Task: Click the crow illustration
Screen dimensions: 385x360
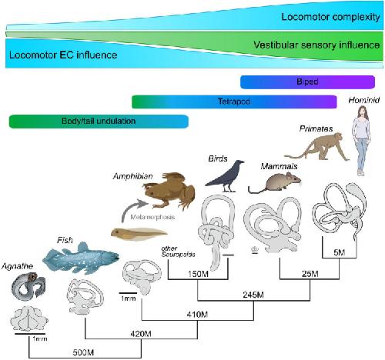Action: (226, 177)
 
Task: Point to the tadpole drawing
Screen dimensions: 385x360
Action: (139, 235)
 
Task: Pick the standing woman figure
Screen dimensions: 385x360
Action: (361, 141)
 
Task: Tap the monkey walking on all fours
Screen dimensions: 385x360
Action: (318, 147)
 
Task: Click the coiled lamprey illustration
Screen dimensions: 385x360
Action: (28, 286)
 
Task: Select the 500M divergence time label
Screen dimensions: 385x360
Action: (83, 352)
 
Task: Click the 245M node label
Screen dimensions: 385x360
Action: (253, 295)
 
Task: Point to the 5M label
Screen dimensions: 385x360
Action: (340, 252)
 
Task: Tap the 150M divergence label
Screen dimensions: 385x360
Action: (198, 274)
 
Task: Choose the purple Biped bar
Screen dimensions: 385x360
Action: (307, 82)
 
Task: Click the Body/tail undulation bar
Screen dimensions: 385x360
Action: (99, 122)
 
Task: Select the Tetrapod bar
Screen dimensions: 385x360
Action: (234, 102)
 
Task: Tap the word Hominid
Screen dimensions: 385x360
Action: (364, 100)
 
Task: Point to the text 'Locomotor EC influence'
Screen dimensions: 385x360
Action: (63, 55)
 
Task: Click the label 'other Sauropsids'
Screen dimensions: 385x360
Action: (178, 252)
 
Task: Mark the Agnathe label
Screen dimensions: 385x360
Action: (18, 266)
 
